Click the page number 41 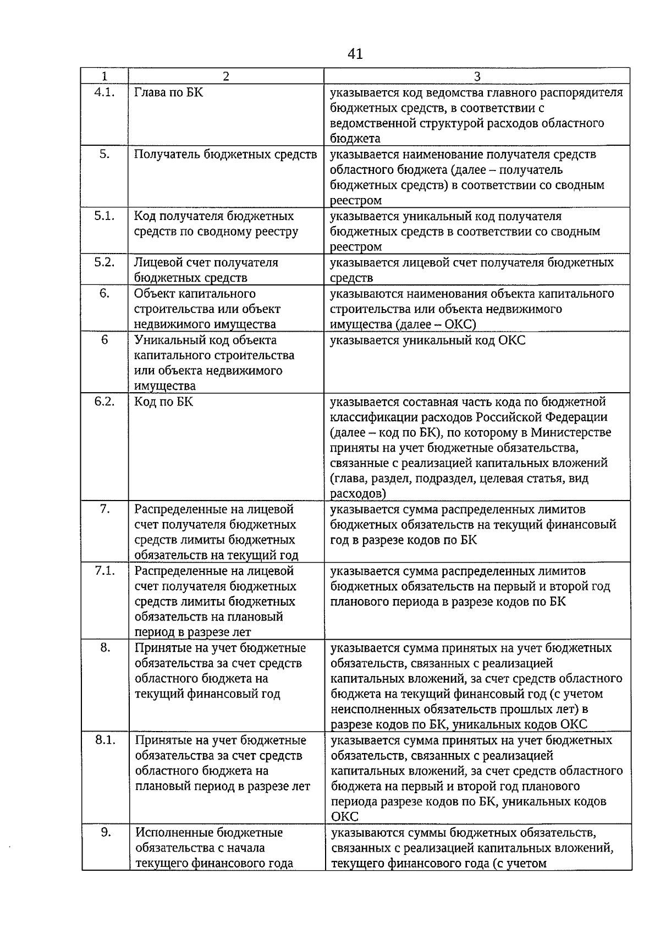click(x=355, y=54)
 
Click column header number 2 click(x=226, y=76)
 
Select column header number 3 click(x=477, y=76)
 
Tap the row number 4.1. click(x=105, y=92)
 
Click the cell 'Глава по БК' click(x=169, y=92)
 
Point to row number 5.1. click(x=105, y=216)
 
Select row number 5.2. click(x=105, y=262)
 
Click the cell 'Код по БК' click(x=164, y=401)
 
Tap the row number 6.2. click(x=105, y=401)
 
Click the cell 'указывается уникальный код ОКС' click(x=427, y=340)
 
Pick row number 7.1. click(x=105, y=570)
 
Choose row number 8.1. click(x=105, y=740)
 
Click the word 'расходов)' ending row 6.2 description click(x=358, y=493)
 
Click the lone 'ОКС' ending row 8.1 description click(x=344, y=816)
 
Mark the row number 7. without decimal click(x=105, y=509)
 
